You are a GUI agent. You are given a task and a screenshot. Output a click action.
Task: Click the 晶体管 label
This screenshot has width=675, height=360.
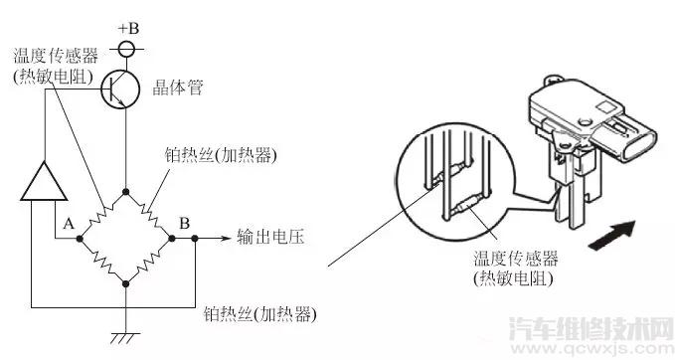click(180, 88)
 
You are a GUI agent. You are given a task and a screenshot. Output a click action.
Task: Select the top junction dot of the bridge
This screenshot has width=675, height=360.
click(126, 191)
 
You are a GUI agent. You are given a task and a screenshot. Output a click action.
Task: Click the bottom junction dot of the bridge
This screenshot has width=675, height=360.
click(126, 283)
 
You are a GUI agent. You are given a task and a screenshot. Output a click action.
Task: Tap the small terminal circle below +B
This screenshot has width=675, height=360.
click(126, 47)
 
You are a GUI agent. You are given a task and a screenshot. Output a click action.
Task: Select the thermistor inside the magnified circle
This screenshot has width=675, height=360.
click(465, 205)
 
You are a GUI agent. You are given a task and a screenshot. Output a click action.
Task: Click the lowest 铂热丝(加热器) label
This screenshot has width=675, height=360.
click(258, 314)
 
